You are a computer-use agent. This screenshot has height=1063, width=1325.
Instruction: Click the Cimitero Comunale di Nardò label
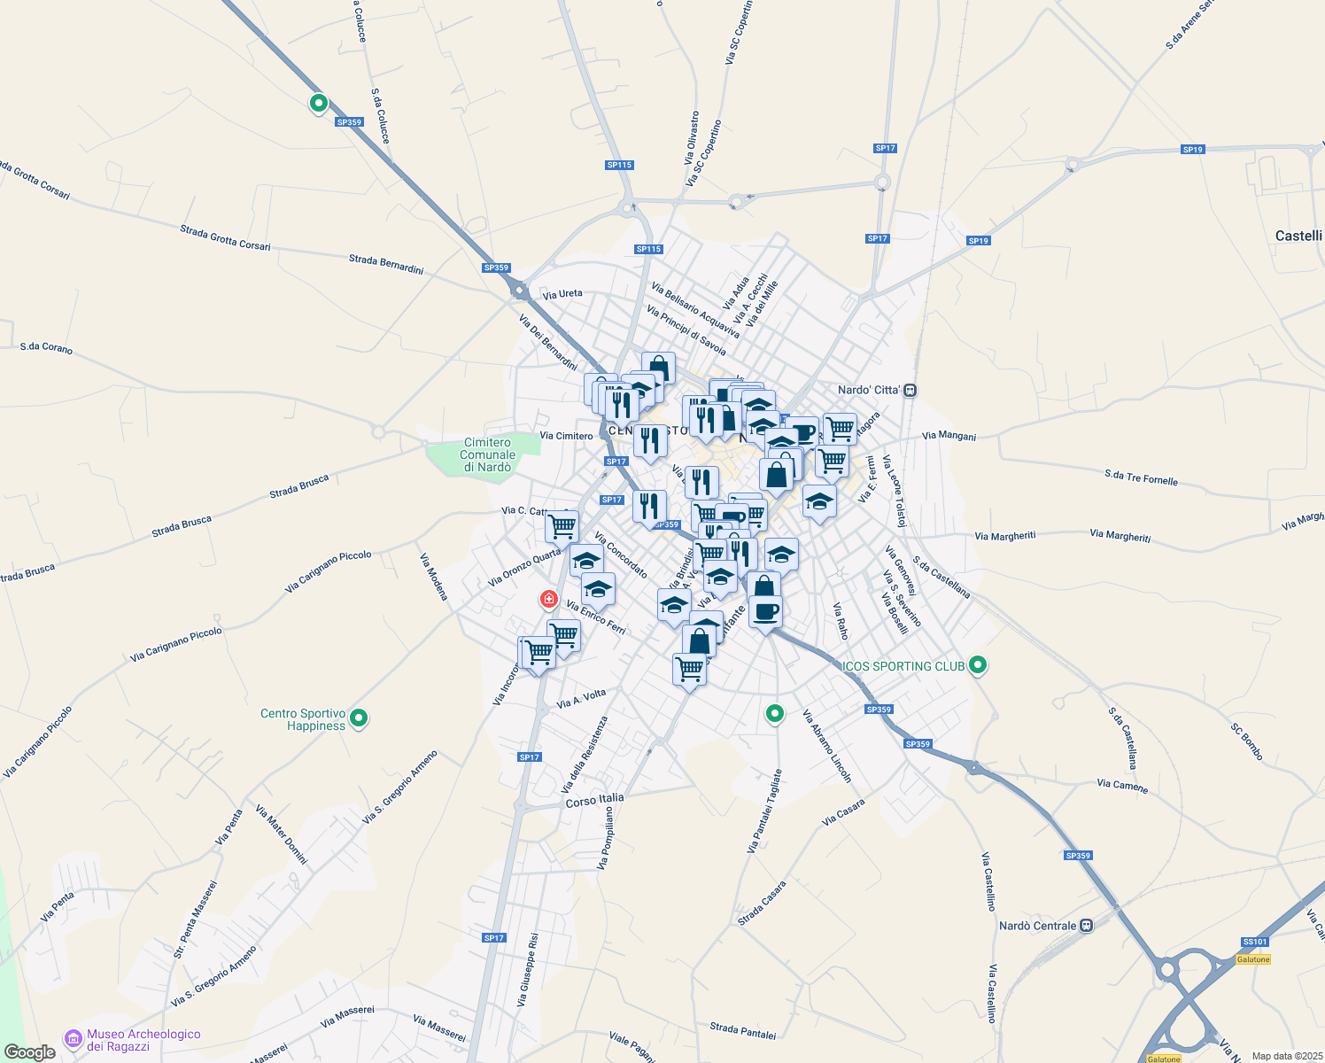click(487, 454)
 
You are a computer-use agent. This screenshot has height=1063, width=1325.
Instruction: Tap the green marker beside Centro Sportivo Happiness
click(359, 718)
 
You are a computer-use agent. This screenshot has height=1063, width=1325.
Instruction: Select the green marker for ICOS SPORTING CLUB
click(978, 665)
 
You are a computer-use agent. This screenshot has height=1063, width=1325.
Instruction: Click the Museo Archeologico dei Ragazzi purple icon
click(74, 1037)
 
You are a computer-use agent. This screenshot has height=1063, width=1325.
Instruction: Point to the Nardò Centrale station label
click(1037, 926)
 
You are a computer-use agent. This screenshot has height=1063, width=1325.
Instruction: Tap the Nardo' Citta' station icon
click(910, 390)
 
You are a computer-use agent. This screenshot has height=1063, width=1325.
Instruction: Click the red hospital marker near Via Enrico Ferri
click(549, 600)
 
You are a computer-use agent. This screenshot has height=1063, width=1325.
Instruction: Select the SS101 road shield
click(1254, 942)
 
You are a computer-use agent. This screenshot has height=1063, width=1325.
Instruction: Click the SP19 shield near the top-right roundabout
click(1193, 150)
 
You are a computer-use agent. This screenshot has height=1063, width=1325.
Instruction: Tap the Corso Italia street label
click(594, 800)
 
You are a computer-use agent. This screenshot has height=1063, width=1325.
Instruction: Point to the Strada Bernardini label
click(386, 264)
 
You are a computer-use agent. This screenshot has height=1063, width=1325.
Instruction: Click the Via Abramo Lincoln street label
click(827, 746)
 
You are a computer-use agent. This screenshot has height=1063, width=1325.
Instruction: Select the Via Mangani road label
click(949, 436)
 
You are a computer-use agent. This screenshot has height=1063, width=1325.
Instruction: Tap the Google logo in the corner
click(30, 1052)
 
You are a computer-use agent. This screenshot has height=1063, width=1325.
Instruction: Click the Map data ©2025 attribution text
click(1287, 1056)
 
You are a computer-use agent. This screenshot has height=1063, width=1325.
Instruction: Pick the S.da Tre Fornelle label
click(1141, 477)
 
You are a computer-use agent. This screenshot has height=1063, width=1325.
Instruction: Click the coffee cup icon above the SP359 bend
click(766, 611)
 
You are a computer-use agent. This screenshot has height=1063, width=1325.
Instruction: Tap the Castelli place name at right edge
click(1298, 236)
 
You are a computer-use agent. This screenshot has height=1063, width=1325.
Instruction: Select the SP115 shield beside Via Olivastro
click(620, 165)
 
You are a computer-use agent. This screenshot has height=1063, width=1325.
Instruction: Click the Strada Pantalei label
click(742, 1031)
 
